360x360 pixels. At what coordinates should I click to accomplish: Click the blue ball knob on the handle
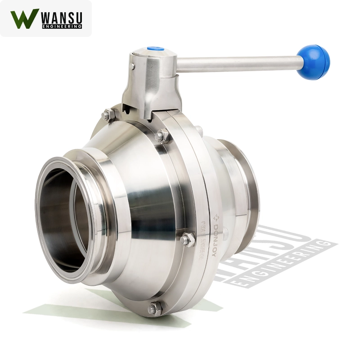click(313, 62)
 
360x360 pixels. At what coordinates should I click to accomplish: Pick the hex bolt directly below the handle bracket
click(162, 135)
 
